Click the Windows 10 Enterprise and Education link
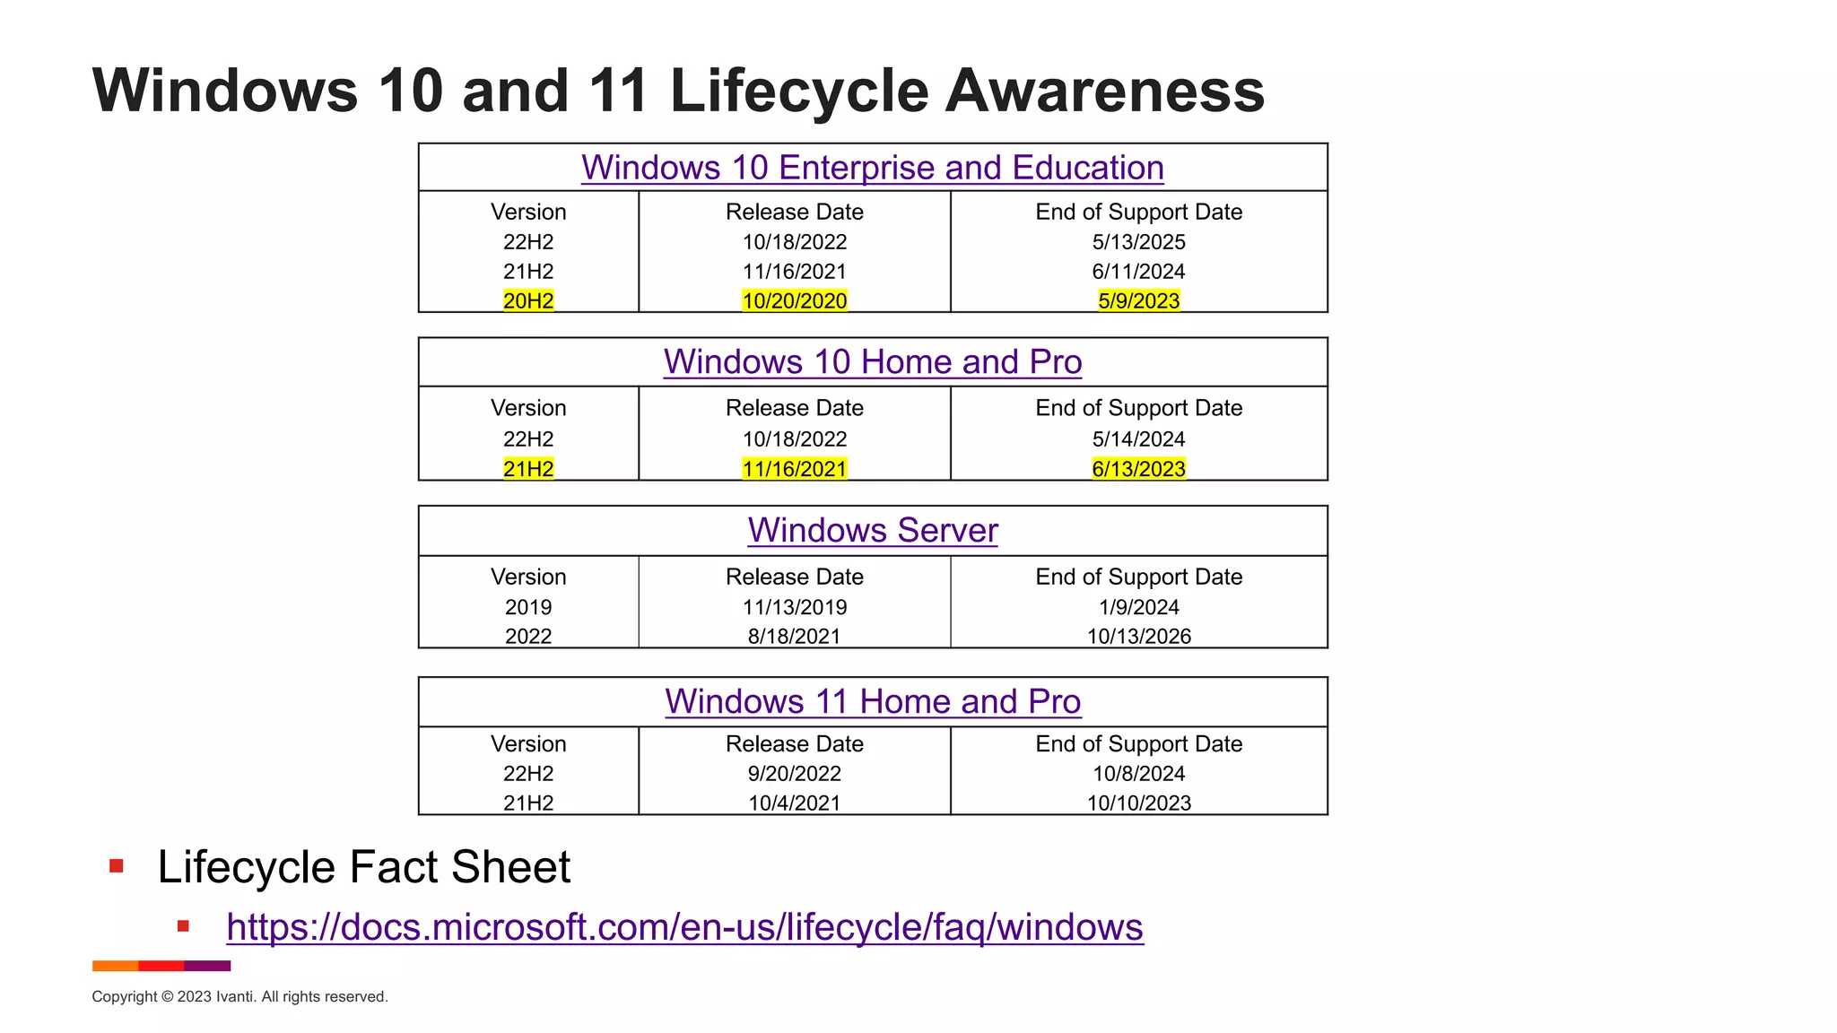tap(872, 168)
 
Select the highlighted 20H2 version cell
tap(528, 300)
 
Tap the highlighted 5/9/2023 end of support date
tap(1138, 300)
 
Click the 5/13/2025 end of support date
tap(1138, 242)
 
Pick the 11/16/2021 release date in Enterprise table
tap(794, 272)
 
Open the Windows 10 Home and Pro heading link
tap(872, 362)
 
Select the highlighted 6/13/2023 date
tap(1138, 469)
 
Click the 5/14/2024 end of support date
tap(1138, 439)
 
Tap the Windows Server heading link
tap(872, 530)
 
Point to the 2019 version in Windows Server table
tap(528, 607)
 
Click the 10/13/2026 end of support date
tap(1138, 637)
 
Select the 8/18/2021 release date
tap(794, 637)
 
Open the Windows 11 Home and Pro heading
tap(872, 701)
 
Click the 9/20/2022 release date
tap(794, 774)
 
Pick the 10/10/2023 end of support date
tap(1138, 803)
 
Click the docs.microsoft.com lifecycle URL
tap(684, 927)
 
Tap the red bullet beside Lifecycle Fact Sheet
tap(116, 866)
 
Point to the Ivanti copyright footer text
tap(239, 997)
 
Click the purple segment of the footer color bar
tap(207, 966)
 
